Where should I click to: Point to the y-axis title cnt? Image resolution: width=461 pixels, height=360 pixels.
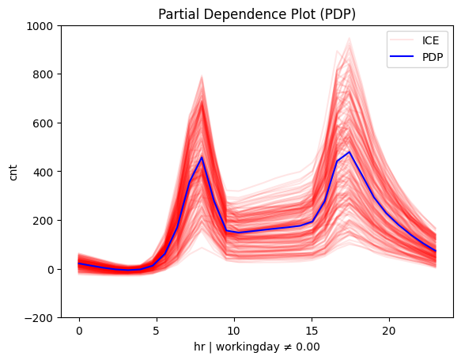(x=13, y=172)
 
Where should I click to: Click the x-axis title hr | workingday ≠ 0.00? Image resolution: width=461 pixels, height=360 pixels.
(x=257, y=347)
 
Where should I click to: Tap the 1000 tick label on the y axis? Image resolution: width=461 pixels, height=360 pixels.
(x=40, y=26)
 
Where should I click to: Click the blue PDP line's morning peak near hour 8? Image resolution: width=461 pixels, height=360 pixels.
(x=202, y=157)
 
